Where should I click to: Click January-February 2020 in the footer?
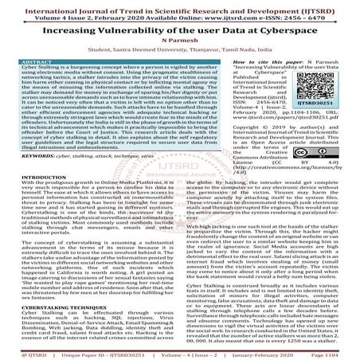277,354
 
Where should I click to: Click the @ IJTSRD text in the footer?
23,354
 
